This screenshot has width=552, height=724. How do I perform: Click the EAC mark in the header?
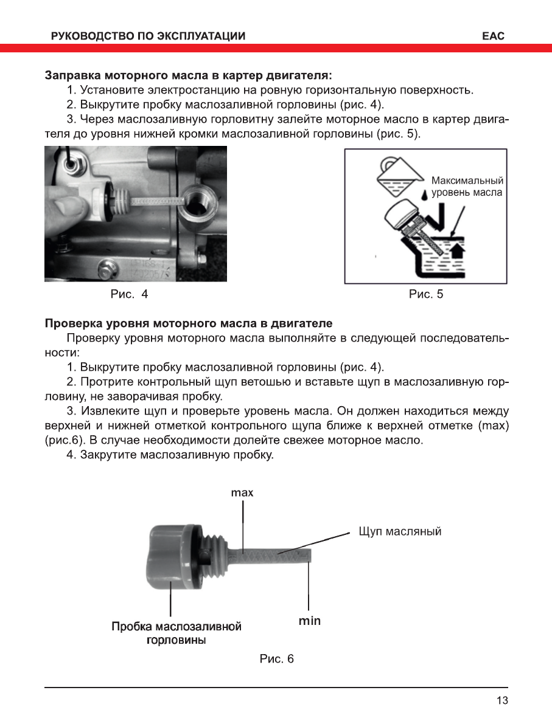(x=493, y=36)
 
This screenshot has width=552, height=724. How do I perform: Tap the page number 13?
(x=502, y=700)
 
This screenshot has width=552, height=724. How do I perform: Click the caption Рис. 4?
(x=129, y=295)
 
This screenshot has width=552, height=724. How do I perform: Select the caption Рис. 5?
(x=426, y=295)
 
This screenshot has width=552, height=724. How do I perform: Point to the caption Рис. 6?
(x=276, y=659)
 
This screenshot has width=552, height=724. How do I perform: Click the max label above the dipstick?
(x=242, y=493)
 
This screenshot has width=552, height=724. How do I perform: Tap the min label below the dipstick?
(x=309, y=621)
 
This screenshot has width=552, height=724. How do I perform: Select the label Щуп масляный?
(x=400, y=531)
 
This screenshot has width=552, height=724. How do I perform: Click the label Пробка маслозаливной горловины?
(x=176, y=633)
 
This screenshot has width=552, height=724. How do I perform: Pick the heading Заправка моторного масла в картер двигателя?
(x=189, y=76)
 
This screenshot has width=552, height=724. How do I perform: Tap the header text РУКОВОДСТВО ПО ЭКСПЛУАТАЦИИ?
(x=149, y=36)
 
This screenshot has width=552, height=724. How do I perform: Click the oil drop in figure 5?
(x=424, y=195)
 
